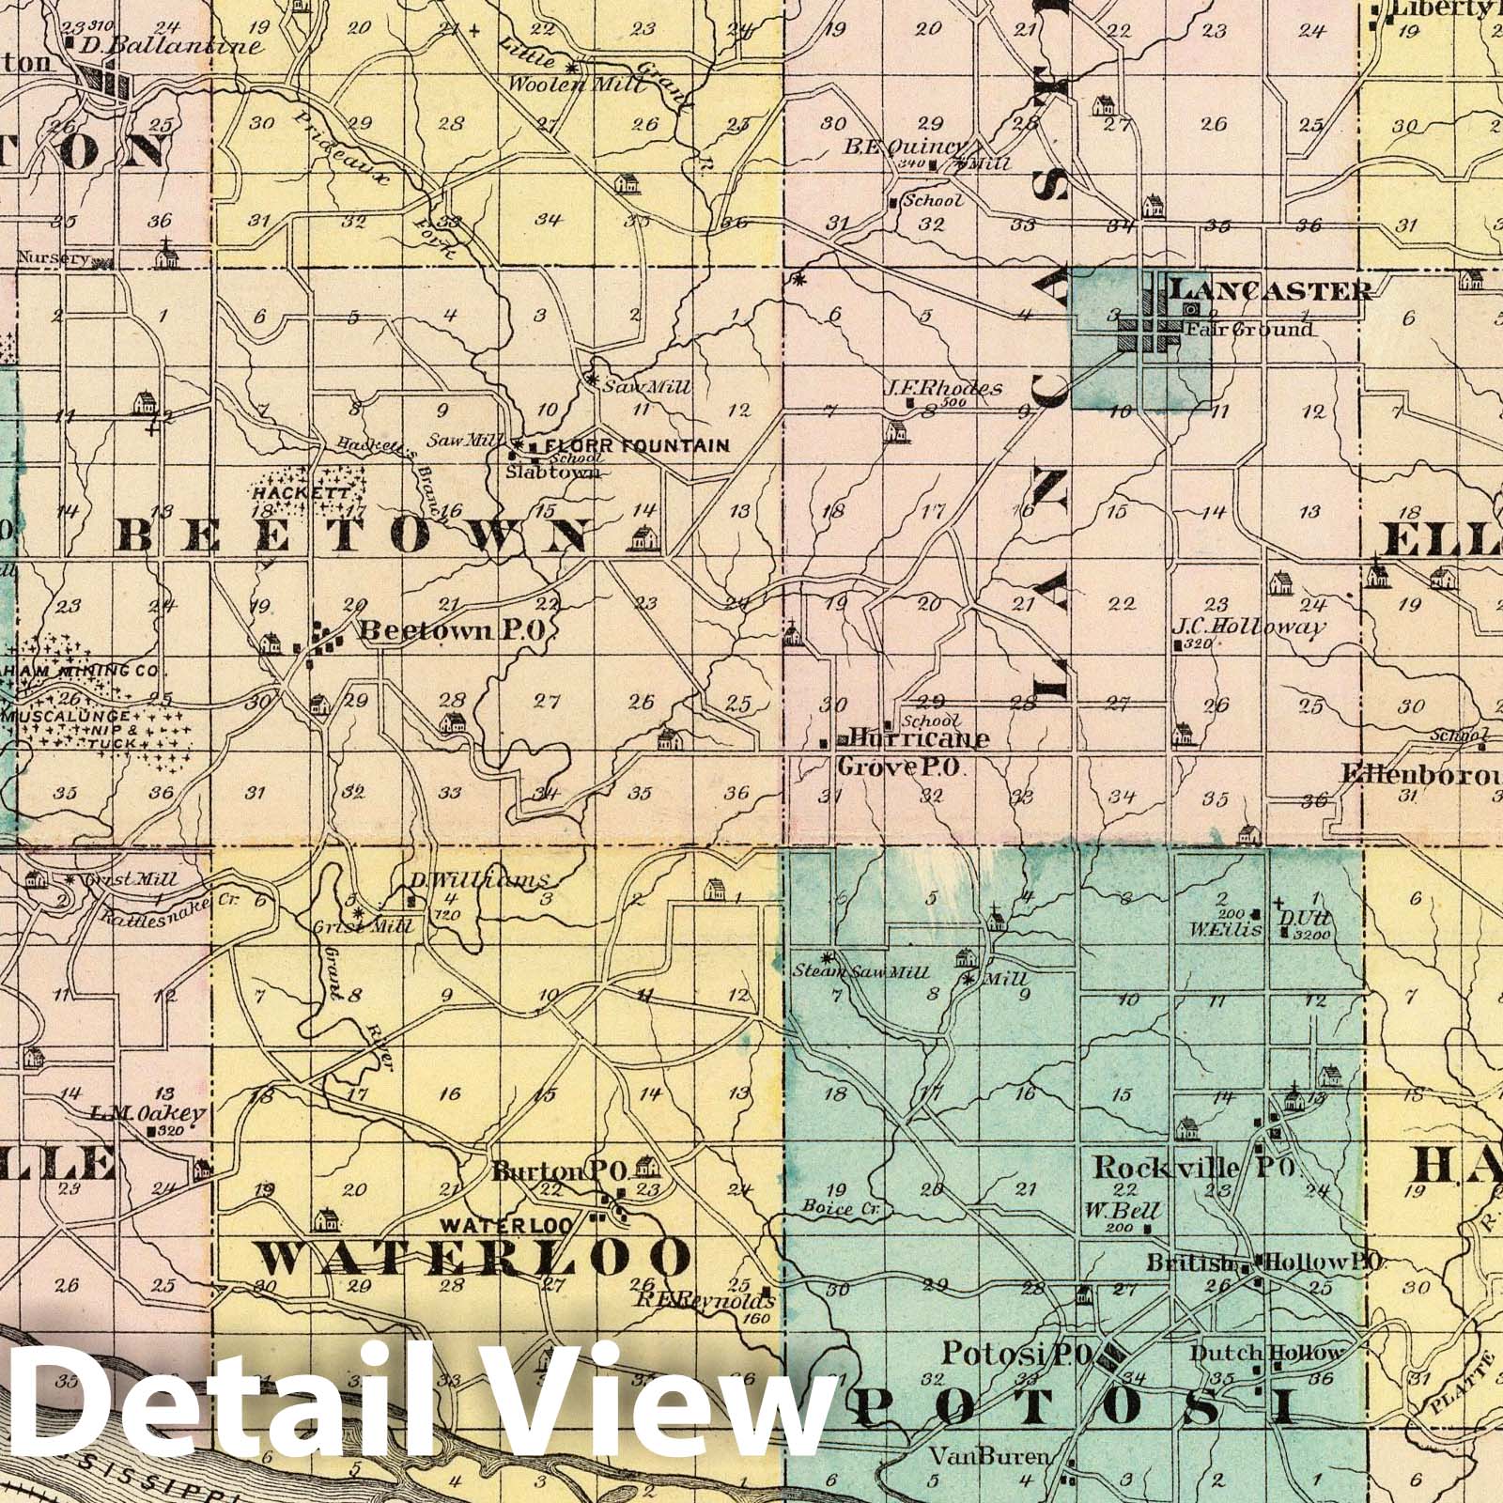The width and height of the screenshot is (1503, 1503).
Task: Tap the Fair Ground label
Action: (1247, 330)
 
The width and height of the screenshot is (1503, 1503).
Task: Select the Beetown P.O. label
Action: (453, 631)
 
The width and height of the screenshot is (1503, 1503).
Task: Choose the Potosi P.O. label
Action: (1015, 1354)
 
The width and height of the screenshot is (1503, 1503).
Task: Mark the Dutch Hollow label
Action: (1267, 1353)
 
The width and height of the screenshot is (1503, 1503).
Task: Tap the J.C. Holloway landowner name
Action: (1248, 628)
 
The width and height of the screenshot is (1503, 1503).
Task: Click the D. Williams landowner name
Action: (477, 880)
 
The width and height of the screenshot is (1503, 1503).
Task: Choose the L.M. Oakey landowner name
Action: (147, 1112)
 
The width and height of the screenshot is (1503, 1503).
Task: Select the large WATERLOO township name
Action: (473, 1256)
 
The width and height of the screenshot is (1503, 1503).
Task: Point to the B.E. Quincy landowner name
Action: (904, 147)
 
